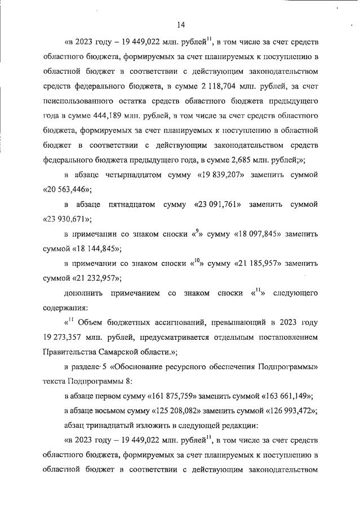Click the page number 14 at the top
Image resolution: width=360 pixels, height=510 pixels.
[x=180, y=24]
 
